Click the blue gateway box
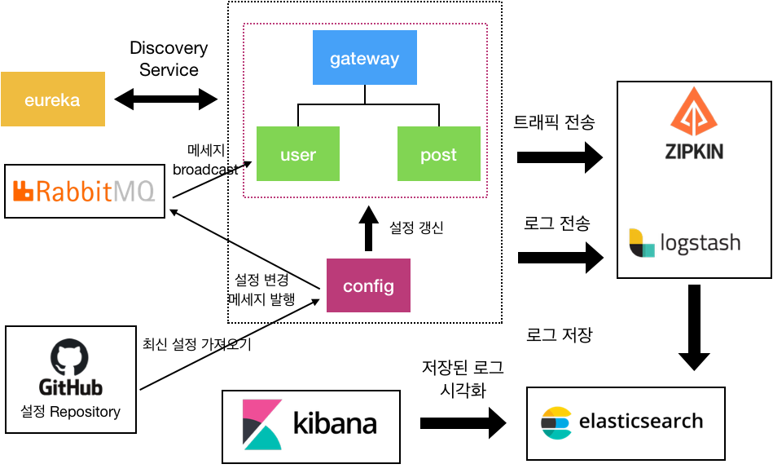tap(364, 58)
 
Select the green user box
tap(297, 154)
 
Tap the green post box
tap(438, 154)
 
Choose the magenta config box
tap(368, 285)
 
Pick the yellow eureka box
tap(52, 99)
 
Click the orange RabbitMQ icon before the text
tap(23, 192)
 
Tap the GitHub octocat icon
tap(70, 356)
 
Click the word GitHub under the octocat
tap(71, 387)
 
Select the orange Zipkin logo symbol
tap(694, 113)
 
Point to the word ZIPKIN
tap(694, 151)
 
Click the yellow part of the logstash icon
tap(635, 237)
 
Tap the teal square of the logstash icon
tap(648, 250)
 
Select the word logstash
tap(700, 243)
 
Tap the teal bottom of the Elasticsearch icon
tap(557, 434)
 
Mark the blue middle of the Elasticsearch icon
tap(563, 423)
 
